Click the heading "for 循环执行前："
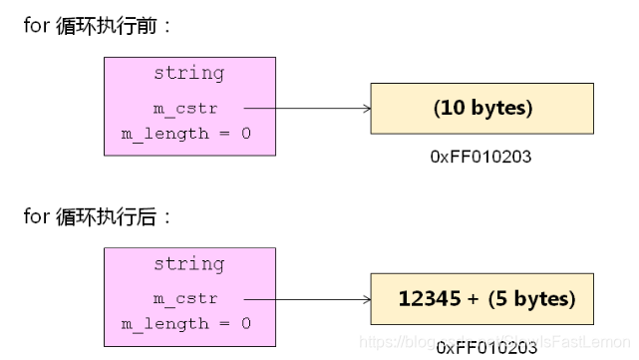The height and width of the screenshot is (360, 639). [99, 25]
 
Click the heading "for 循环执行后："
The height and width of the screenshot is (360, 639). [99, 215]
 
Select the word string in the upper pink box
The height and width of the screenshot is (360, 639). [188, 73]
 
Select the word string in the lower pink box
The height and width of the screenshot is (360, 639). [188, 264]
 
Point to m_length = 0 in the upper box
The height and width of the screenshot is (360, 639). [186, 133]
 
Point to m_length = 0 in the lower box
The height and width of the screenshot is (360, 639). [186, 323]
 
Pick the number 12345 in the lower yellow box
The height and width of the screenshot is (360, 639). [426, 299]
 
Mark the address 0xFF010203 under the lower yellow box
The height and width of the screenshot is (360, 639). [486, 347]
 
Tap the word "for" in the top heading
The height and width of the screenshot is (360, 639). [36, 25]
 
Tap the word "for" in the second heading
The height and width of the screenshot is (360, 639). [36, 215]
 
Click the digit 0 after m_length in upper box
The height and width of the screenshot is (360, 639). [245, 133]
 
